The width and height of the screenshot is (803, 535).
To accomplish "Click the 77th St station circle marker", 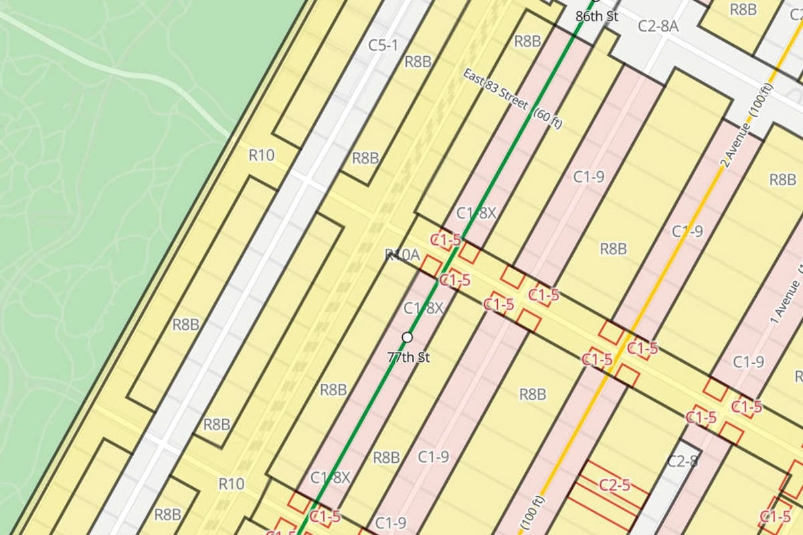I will tap(407, 337).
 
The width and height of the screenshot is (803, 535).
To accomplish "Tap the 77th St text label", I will tap(408, 357).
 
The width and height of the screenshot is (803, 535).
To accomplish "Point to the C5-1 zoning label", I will tap(383, 45).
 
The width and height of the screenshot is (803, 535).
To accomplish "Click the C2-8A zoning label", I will tap(658, 26).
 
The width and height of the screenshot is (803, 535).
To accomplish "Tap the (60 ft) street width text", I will tap(547, 119).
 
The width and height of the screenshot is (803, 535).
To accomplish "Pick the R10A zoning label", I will tap(402, 255).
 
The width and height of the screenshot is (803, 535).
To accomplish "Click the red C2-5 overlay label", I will tap(614, 486).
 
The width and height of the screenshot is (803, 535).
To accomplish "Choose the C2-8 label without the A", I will tap(683, 461).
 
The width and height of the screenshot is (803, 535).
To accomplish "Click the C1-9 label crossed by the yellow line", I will tap(687, 231).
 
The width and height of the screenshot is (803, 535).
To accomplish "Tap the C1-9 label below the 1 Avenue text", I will tap(748, 362).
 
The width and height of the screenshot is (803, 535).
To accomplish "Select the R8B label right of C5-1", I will tap(418, 62).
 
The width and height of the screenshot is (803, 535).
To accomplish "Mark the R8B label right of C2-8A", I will tap(743, 9).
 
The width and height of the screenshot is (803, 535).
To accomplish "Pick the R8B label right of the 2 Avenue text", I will tap(782, 179).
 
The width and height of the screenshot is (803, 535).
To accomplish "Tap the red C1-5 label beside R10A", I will tap(446, 239).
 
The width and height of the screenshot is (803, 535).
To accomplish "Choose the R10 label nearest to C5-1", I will tap(261, 156).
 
